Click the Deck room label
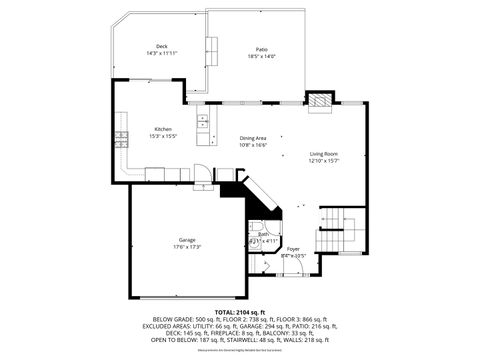pos(162,46)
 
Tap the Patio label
pos(261,49)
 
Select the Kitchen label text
pos(163,129)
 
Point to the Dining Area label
pos(252,138)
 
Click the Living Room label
pos(325,154)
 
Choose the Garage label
pos(187,240)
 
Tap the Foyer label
pos(293,248)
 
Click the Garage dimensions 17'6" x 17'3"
pos(187,246)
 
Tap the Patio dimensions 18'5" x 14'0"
pos(261,56)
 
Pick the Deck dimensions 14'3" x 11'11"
pos(162,53)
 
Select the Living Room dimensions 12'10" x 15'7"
pos(325,161)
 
